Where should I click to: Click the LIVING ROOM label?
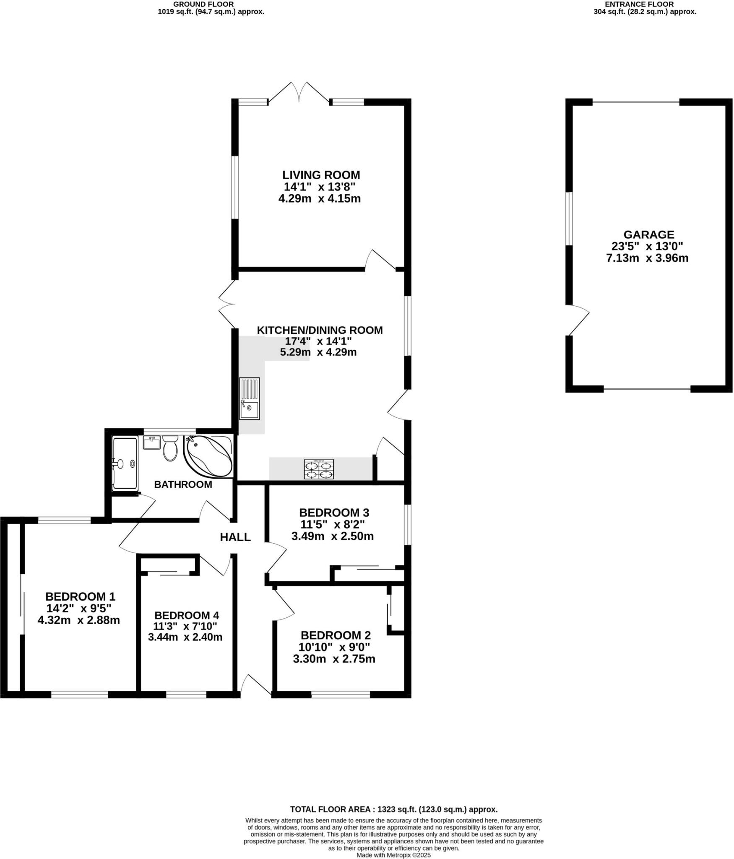click(x=321, y=175)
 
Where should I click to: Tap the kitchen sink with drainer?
click(x=250, y=398)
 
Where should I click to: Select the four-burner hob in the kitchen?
click(x=319, y=469)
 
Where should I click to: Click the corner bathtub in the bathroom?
click(x=208, y=456)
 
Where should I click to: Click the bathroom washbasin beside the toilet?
click(x=151, y=443)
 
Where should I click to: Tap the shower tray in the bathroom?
click(x=125, y=463)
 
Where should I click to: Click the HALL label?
click(x=235, y=537)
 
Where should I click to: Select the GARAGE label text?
click(x=648, y=234)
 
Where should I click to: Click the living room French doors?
click(x=299, y=93)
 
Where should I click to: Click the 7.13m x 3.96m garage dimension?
click(x=647, y=258)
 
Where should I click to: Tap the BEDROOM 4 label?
click(x=187, y=615)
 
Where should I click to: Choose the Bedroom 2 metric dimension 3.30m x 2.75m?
click(x=334, y=659)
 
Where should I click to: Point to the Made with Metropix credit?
click(x=393, y=855)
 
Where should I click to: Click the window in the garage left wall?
click(x=569, y=219)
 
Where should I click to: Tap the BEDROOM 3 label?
click(x=334, y=513)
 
